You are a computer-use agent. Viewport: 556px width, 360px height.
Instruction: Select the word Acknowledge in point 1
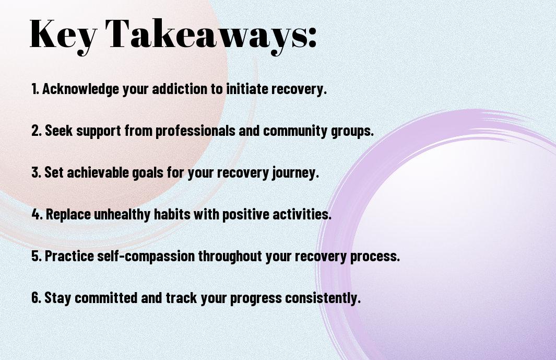click(80, 89)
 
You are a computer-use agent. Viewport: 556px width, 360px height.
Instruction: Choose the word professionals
click(195, 131)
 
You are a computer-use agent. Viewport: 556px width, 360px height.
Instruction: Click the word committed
click(105, 297)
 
